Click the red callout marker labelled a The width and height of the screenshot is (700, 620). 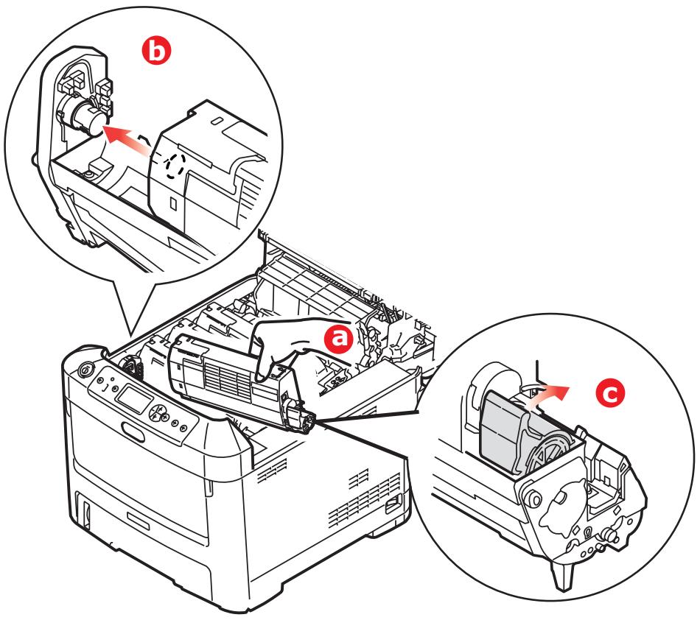click(340, 339)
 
